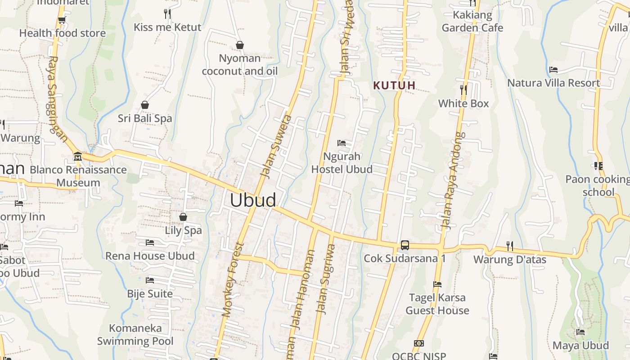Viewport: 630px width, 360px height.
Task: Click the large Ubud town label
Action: pos(253,200)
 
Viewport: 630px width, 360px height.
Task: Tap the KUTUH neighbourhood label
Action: pos(394,85)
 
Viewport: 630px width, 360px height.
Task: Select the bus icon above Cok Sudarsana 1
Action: pos(405,245)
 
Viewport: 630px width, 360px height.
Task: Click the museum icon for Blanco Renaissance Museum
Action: pos(78,157)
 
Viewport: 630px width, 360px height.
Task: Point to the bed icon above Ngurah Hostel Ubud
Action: pos(342,143)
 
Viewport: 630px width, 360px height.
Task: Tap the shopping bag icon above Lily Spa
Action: pos(183,217)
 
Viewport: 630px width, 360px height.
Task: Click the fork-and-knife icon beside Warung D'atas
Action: pos(509,246)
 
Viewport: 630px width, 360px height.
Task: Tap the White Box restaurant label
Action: pos(463,103)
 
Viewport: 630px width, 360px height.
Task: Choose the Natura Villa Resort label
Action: pos(553,83)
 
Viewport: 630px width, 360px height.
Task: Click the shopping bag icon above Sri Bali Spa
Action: pos(145,105)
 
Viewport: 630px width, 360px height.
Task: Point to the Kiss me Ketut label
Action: pos(167,27)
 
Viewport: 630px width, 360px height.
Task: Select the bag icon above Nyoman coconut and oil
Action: pos(240,45)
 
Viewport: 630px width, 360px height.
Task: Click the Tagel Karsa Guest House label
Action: pos(437,304)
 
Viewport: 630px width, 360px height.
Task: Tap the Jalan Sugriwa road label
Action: pos(326,279)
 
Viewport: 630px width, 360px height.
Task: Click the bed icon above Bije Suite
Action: pos(150,280)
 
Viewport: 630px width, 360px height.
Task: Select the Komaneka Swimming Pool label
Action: pos(135,334)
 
